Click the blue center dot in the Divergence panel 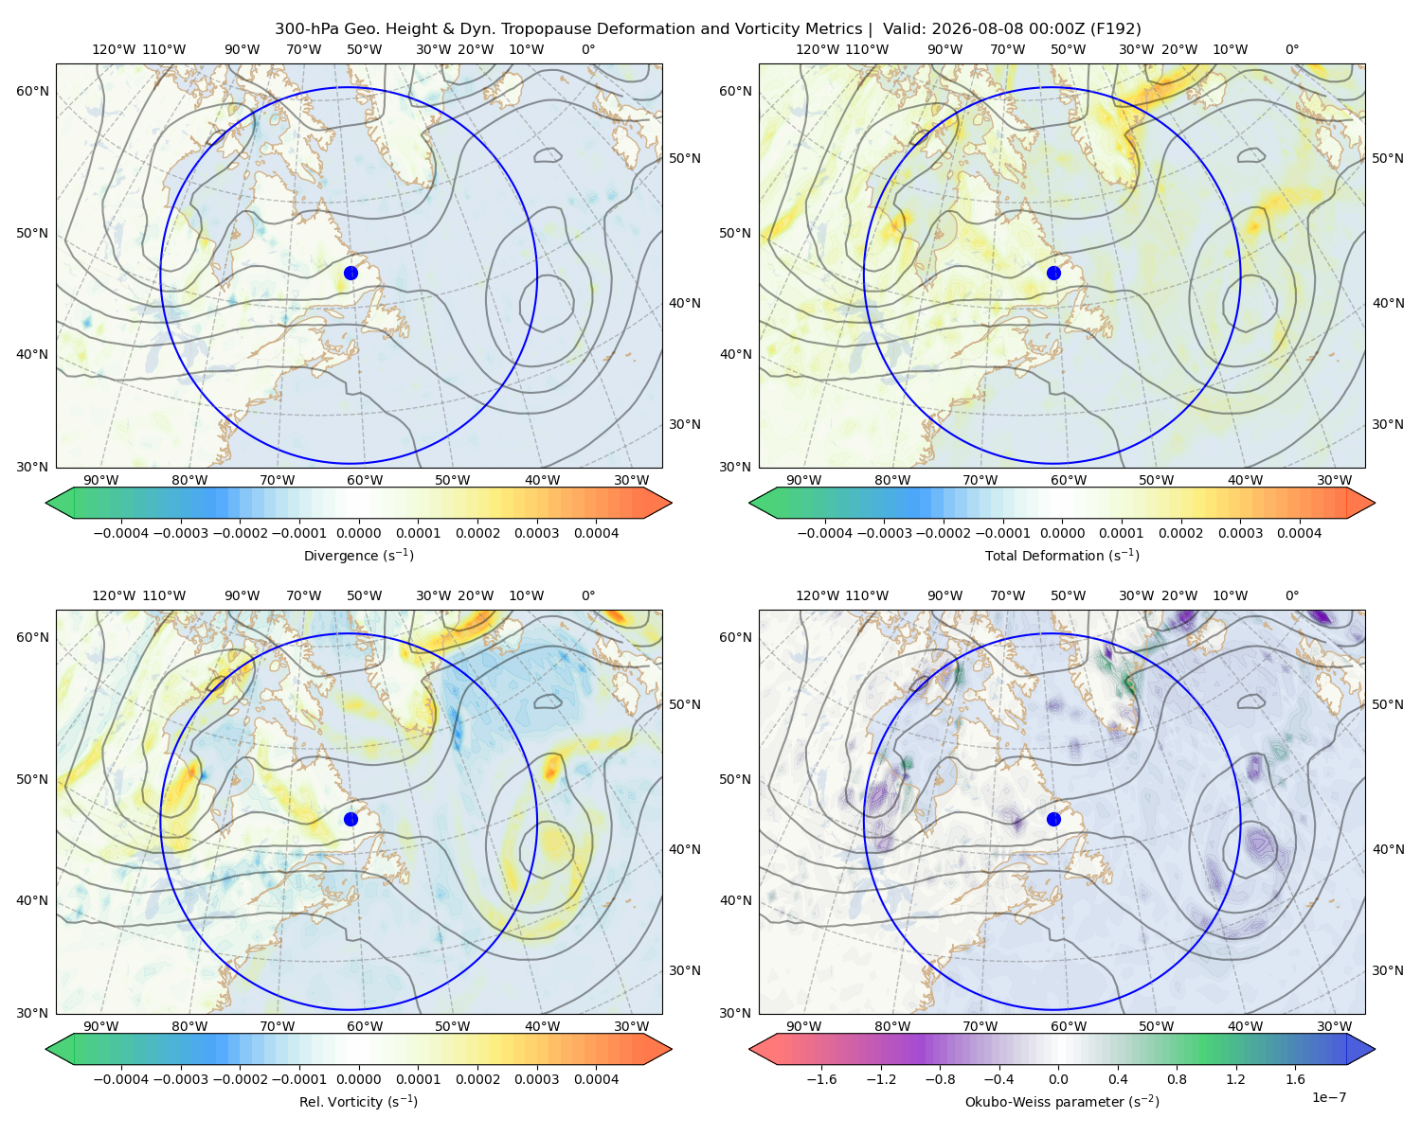click(x=351, y=273)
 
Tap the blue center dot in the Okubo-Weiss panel click(x=1053, y=819)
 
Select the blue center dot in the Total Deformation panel click(x=1053, y=273)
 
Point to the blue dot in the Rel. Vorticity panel click(x=351, y=819)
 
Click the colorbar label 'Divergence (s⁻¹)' click(x=358, y=555)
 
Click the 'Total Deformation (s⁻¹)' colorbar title click(x=1062, y=555)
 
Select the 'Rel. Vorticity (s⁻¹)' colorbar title click(x=358, y=1101)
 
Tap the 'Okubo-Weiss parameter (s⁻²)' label click(x=1062, y=1101)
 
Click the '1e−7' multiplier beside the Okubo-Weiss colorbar click(x=1328, y=1097)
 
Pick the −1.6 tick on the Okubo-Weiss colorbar click(x=821, y=1078)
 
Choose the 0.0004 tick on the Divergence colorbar click(x=596, y=533)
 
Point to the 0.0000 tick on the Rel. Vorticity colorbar click(x=358, y=1078)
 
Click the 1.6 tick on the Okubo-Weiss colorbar click(x=1295, y=1078)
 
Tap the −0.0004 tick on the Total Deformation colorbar click(x=825, y=533)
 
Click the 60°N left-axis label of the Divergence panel click(x=32, y=91)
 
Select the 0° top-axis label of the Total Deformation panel click(x=1291, y=49)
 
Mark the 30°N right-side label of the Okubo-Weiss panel click(x=1387, y=969)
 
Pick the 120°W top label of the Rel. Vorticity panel click(x=114, y=595)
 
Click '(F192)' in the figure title click(x=1115, y=28)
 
